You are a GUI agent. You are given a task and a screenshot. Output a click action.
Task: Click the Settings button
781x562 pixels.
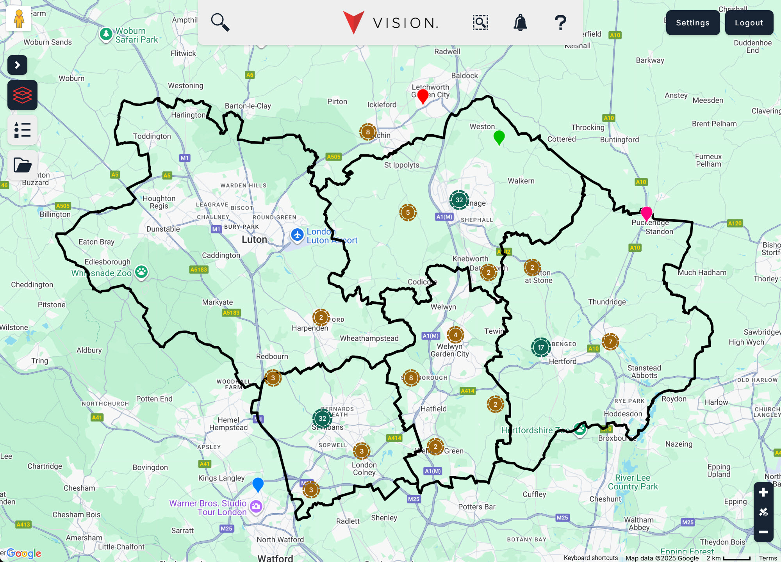[x=692, y=23]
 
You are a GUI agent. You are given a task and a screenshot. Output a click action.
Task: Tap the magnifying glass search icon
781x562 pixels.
[x=220, y=22]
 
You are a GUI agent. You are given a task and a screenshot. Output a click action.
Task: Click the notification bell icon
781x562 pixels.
[x=520, y=23]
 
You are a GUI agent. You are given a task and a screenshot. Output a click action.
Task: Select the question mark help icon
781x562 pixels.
[x=560, y=23]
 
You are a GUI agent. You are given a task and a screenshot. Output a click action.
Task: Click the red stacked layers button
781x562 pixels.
[x=22, y=95]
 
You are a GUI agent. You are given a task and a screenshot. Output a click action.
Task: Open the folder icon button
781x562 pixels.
[x=22, y=165]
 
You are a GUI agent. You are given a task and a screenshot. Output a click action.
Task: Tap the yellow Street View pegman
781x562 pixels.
[x=19, y=19]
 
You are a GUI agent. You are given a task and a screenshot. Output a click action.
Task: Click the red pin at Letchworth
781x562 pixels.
[x=423, y=96]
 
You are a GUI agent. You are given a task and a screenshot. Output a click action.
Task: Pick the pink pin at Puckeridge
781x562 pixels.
[x=646, y=213]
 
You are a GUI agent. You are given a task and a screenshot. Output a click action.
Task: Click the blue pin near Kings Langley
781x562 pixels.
[x=258, y=484]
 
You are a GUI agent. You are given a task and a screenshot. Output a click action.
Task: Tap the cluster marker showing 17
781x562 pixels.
[x=541, y=347]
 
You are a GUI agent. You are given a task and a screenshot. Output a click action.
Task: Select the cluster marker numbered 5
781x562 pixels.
[x=408, y=212]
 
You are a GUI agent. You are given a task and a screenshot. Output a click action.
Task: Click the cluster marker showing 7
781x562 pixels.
[x=610, y=342]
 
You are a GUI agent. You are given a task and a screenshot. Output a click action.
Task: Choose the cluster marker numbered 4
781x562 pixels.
[x=455, y=335]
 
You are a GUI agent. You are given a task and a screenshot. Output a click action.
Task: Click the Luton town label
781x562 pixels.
[x=254, y=240]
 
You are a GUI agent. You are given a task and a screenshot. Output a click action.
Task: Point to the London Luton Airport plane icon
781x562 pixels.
[x=297, y=235]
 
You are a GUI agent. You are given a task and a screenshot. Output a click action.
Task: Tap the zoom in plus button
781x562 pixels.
[x=763, y=493]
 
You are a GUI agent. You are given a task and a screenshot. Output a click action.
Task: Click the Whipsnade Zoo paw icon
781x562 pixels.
[x=141, y=272]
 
